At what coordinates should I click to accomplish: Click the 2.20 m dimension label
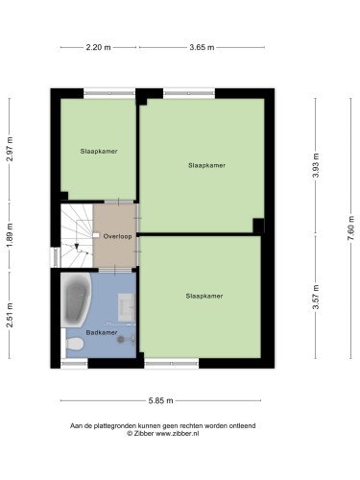pyautogui.click(x=98, y=47)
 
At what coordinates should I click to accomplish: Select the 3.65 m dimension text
pyautogui.click(x=202, y=47)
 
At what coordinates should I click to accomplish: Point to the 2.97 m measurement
pyautogui.click(x=10, y=149)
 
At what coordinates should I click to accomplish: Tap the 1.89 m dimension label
pyautogui.click(x=10, y=235)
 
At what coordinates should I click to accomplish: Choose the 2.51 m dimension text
pyautogui.click(x=10, y=315)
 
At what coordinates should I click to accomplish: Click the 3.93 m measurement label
pyautogui.click(x=316, y=165)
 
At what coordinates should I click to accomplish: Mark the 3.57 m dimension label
pyautogui.click(x=316, y=298)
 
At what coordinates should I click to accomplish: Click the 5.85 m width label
pyautogui.click(x=160, y=400)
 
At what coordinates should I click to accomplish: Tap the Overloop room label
pyautogui.click(x=117, y=236)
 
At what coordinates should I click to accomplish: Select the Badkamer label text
pyautogui.click(x=102, y=333)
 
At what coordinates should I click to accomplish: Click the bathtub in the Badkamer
pyautogui.click(x=76, y=300)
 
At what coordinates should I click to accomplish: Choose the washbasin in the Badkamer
pyautogui.click(x=127, y=308)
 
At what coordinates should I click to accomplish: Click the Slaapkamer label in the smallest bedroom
pyautogui.click(x=99, y=152)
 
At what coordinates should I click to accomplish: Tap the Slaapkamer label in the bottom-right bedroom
pyautogui.click(x=204, y=296)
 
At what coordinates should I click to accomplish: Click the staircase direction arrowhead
pyautogui.click(x=77, y=247)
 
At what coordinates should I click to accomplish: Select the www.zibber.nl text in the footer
pyautogui.click(x=178, y=434)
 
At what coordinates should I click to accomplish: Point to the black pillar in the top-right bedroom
pyautogui.click(x=258, y=226)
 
